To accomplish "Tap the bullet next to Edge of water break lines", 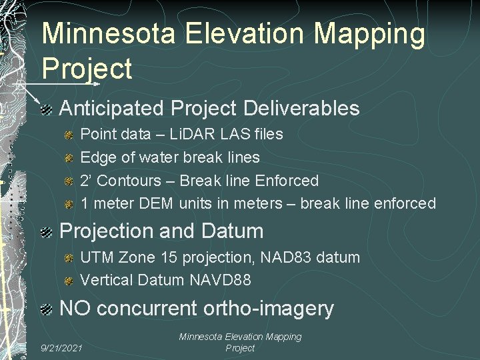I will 69,157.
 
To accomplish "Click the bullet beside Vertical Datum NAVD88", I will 69,281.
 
